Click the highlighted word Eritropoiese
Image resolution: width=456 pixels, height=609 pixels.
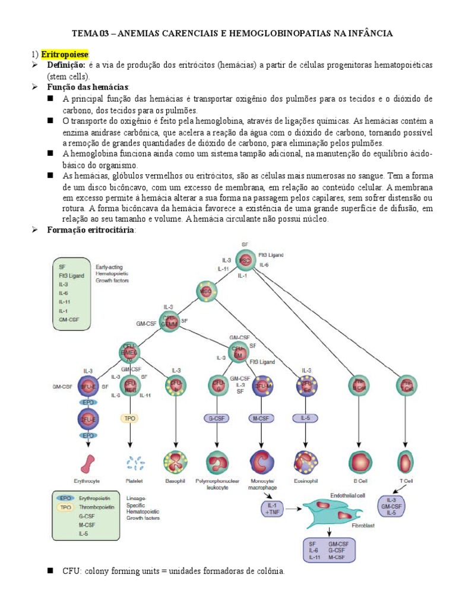pos(65,54)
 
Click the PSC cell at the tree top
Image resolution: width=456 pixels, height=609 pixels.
pos(245,260)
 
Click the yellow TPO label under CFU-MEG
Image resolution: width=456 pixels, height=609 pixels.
pos(129,418)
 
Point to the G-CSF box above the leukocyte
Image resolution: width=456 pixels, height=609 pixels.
pos(217,418)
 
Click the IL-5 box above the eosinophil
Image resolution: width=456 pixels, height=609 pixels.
pos(305,418)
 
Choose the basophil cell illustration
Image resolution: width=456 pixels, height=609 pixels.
pos(175,462)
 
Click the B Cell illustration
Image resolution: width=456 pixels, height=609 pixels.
pos(358,462)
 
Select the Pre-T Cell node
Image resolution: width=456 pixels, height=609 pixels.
pos(405,385)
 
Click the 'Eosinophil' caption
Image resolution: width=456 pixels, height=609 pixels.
pos(305,481)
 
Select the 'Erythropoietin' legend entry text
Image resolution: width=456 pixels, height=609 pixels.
pos(94,497)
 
